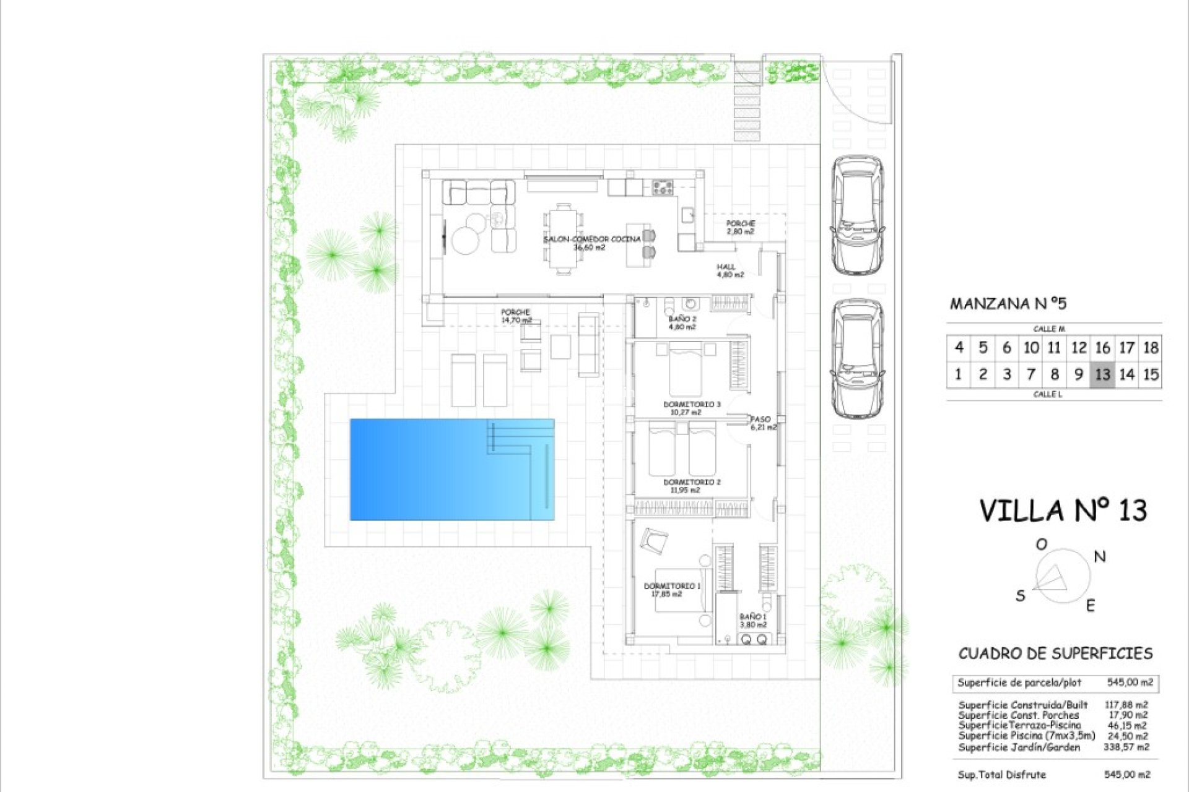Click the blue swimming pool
click(x=452, y=469)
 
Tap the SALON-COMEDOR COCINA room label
click(x=591, y=243)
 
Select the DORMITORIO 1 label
click(x=671, y=590)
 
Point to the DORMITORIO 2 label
click(x=692, y=486)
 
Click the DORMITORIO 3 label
click(x=692, y=408)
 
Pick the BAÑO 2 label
click(x=682, y=323)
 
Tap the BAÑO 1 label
click(x=753, y=621)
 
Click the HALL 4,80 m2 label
click(x=730, y=270)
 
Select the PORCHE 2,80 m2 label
click(x=740, y=227)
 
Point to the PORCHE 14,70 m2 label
click(x=516, y=316)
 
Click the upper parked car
click(x=857, y=215)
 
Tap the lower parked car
click(x=857, y=359)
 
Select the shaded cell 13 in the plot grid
click(x=1102, y=374)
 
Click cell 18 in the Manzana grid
click(x=1151, y=348)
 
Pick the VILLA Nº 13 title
click(x=1063, y=511)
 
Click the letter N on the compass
click(x=1100, y=556)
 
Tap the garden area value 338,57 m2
click(x=1126, y=747)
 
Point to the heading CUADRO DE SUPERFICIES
click(x=1055, y=653)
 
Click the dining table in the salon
click(x=564, y=239)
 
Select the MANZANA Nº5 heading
click(x=1008, y=304)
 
